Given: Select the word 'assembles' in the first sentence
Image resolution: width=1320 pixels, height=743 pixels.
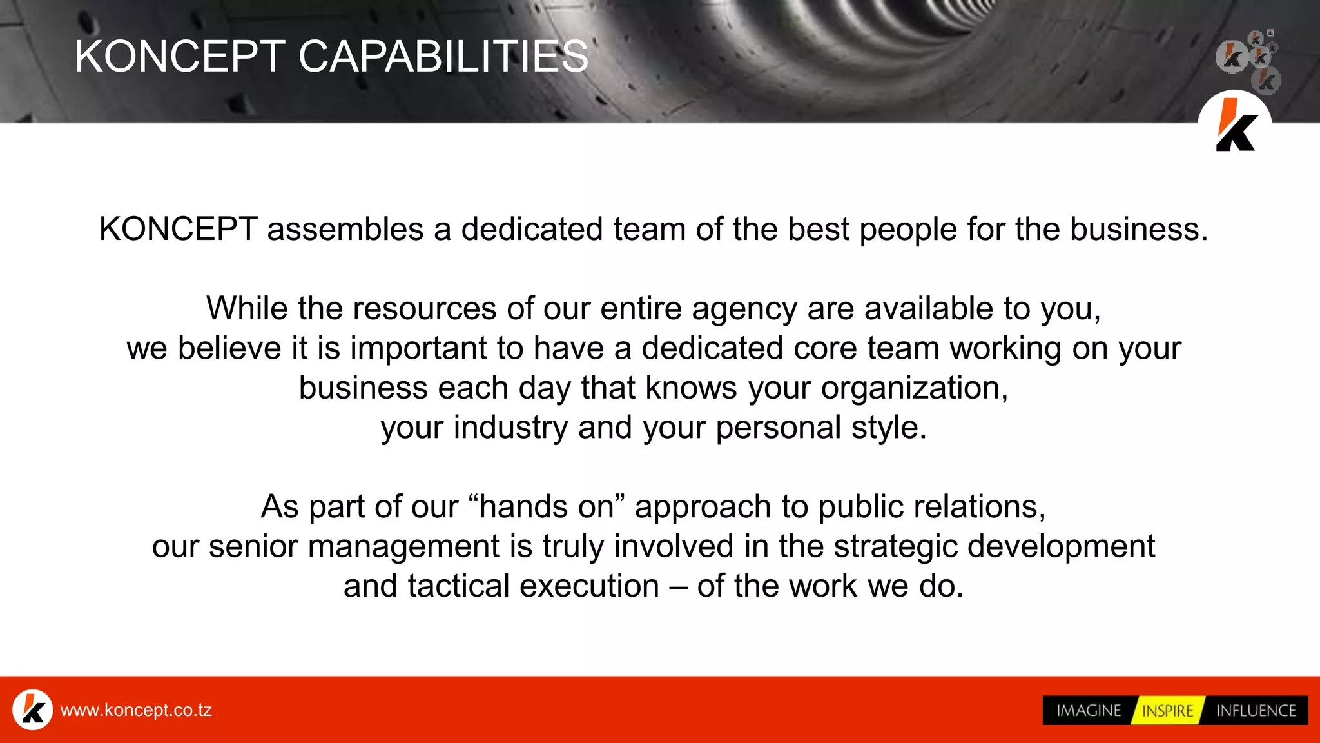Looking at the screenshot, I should tap(345, 230).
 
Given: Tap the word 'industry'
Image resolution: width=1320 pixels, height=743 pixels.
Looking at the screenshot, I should tap(510, 428).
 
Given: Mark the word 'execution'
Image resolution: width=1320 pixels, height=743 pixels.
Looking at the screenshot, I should tap(589, 586).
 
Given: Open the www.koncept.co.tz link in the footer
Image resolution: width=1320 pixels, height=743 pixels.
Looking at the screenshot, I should tap(136, 710).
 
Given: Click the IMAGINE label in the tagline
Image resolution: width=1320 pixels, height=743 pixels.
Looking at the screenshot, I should tap(1089, 711).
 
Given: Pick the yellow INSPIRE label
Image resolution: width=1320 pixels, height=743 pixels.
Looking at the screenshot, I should tap(1167, 711).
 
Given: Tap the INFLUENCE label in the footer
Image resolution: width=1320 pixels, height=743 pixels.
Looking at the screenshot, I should tap(1256, 711).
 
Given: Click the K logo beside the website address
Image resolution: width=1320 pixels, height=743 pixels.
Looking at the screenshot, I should tap(33, 709).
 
